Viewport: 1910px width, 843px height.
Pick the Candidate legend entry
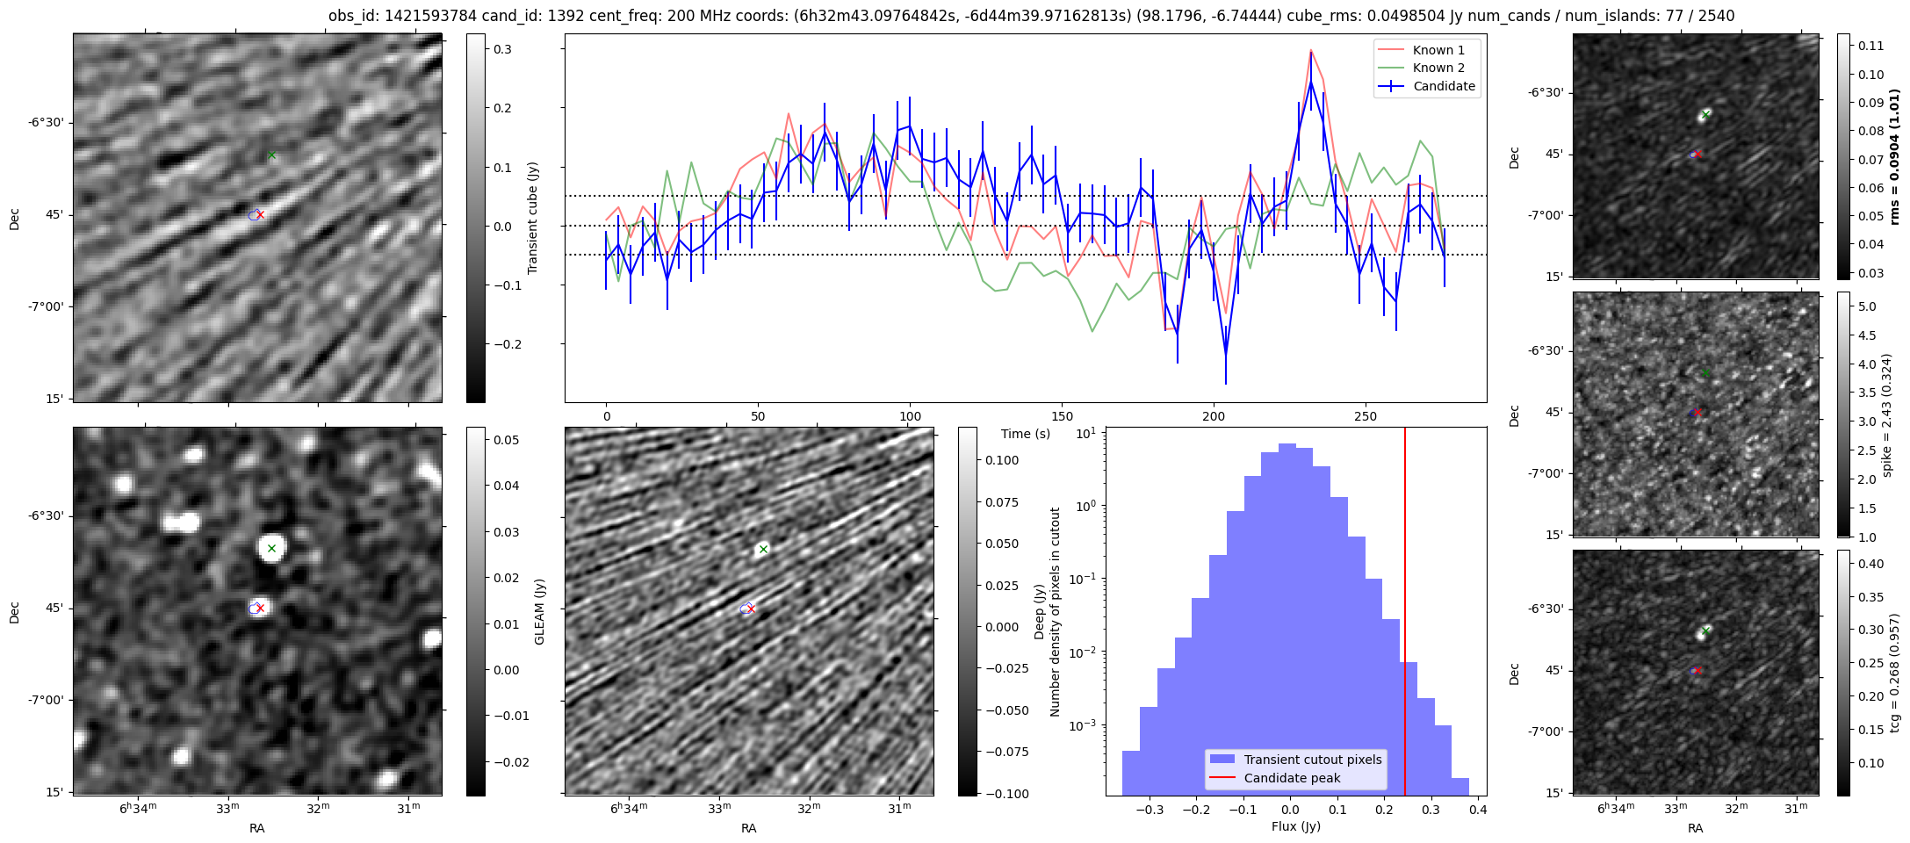click(x=1427, y=86)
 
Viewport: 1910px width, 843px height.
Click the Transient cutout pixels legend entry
click(x=1296, y=760)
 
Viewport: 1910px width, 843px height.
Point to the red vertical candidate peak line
click(x=1405, y=611)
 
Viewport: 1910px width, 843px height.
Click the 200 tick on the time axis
click(x=1214, y=416)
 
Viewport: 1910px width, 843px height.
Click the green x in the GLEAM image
click(x=271, y=549)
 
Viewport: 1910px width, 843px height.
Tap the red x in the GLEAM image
click(x=260, y=608)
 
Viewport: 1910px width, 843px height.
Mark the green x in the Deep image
click(x=763, y=550)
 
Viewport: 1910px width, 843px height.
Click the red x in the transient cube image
click(x=260, y=214)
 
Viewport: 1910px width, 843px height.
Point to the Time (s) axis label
click(x=1026, y=434)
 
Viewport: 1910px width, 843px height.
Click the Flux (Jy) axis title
click(x=1296, y=826)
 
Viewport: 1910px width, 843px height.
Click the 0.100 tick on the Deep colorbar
click(x=1002, y=460)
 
